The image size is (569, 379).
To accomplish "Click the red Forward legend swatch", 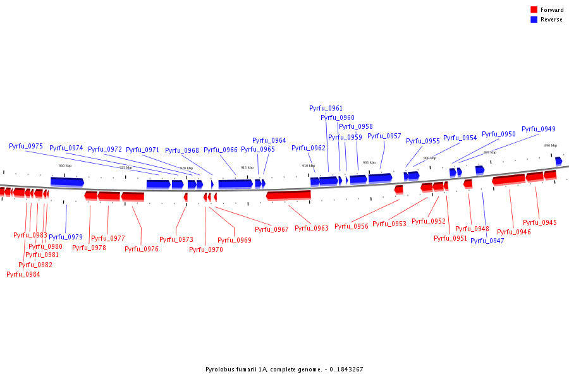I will (534, 10).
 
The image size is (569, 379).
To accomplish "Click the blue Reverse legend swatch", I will (534, 20).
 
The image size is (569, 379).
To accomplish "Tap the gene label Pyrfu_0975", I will (26, 147).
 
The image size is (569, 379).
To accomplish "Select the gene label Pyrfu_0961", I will (326, 109).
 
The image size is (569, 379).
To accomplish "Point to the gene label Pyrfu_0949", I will (538, 129).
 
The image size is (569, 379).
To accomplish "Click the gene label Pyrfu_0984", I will (23, 274).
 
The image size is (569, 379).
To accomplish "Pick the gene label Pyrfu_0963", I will (312, 229).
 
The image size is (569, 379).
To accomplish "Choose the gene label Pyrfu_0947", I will (487, 241).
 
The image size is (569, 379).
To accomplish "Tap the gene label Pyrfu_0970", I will (206, 250).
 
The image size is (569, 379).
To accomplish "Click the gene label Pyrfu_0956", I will (351, 227).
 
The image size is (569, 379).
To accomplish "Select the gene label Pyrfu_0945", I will (540, 223).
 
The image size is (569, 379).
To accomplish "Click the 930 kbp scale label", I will (65, 165).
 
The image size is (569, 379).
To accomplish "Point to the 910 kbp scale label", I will (309, 165).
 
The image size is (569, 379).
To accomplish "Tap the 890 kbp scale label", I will (551, 145).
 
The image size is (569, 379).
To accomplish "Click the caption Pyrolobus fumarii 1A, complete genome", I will (284, 370).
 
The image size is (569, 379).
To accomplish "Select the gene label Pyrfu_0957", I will (384, 136).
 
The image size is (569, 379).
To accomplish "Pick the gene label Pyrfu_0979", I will (66, 238).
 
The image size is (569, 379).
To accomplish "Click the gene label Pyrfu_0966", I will (221, 150).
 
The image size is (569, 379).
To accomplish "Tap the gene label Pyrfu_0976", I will (142, 249).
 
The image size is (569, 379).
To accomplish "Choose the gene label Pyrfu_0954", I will (460, 138).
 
